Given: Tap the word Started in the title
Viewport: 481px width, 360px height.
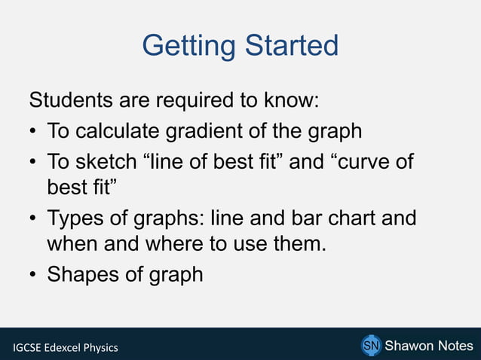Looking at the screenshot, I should pyautogui.click(x=290, y=46).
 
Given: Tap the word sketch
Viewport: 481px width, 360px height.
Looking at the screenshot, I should pyautogui.click(x=106, y=163).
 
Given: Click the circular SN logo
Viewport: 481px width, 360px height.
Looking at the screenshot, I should pyautogui.click(x=370, y=346).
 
